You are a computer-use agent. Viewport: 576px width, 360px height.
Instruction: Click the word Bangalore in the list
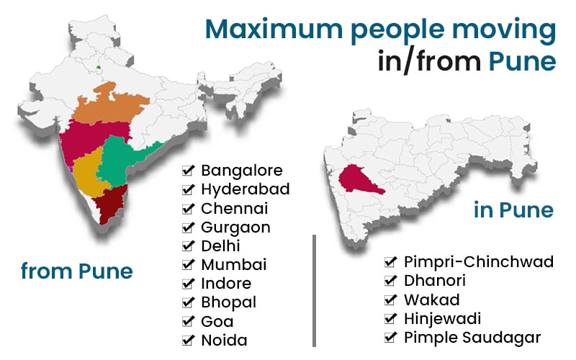pyautogui.click(x=241, y=171)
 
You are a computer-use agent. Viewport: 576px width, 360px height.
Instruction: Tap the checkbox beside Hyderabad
pyautogui.click(x=189, y=190)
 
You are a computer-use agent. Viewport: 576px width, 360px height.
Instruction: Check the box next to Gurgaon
pyautogui.click(x=189, y=228)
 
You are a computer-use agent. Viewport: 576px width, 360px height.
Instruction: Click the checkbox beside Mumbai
pyautogui.click(x=189, y=265)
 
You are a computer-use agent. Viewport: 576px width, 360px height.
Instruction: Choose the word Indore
pyautogui.click(x=225, y=284)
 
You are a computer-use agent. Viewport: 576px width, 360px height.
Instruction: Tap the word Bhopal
pyautogui.click(x=228, y=302)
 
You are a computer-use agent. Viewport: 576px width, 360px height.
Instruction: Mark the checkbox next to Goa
pyautogui.click(x=189, y=321)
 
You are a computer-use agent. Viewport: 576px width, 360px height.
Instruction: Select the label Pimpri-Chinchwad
pyautogui.click(x=478, y=261)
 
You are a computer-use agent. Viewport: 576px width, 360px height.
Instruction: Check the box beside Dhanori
pyautogui.click(x=391, y=281)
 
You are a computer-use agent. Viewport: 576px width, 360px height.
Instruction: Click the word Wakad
pyautogui.click(x=431, y=300)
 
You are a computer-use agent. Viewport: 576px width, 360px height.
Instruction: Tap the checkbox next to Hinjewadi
pyautogui.click(x=391, y=318)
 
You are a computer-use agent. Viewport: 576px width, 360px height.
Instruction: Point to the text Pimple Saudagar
pyautogui.click(x=472, y=337)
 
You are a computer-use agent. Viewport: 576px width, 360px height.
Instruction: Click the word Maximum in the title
pyautogui.click(x=277, y=30)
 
